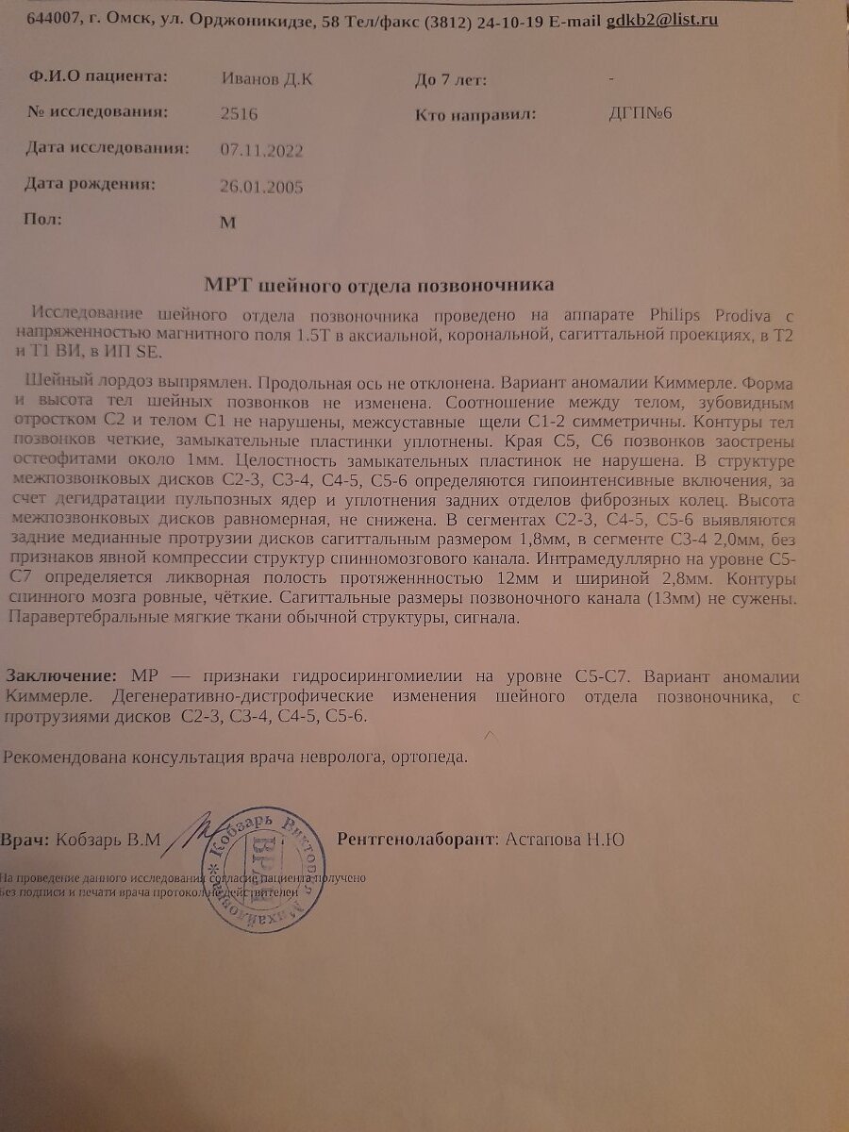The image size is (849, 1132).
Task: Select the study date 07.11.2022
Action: pyautogui.click(x=261, y=150)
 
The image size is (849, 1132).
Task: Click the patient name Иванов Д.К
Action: pyautogui.click(x=268, y=79)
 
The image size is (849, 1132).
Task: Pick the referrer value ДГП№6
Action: pyautogui.click(x=641, y=114)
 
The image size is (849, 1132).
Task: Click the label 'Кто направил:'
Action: pyautogui.click(x=475, y=115)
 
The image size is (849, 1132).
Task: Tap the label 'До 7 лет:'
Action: pyautogui.click(x=451, y=80)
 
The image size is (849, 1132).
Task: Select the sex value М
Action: pyautogui.click(x=225, y=223)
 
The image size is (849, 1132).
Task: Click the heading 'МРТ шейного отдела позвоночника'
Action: pyautogui.click(x=380, y=284)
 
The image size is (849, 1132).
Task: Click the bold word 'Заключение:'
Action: pyautogui.click(x=62, y=676)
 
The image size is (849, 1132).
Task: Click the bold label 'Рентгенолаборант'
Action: pyautogui.click(x=415, y=839)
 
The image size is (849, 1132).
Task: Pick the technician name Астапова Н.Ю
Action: pyautogui.click(x=564, y=839)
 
